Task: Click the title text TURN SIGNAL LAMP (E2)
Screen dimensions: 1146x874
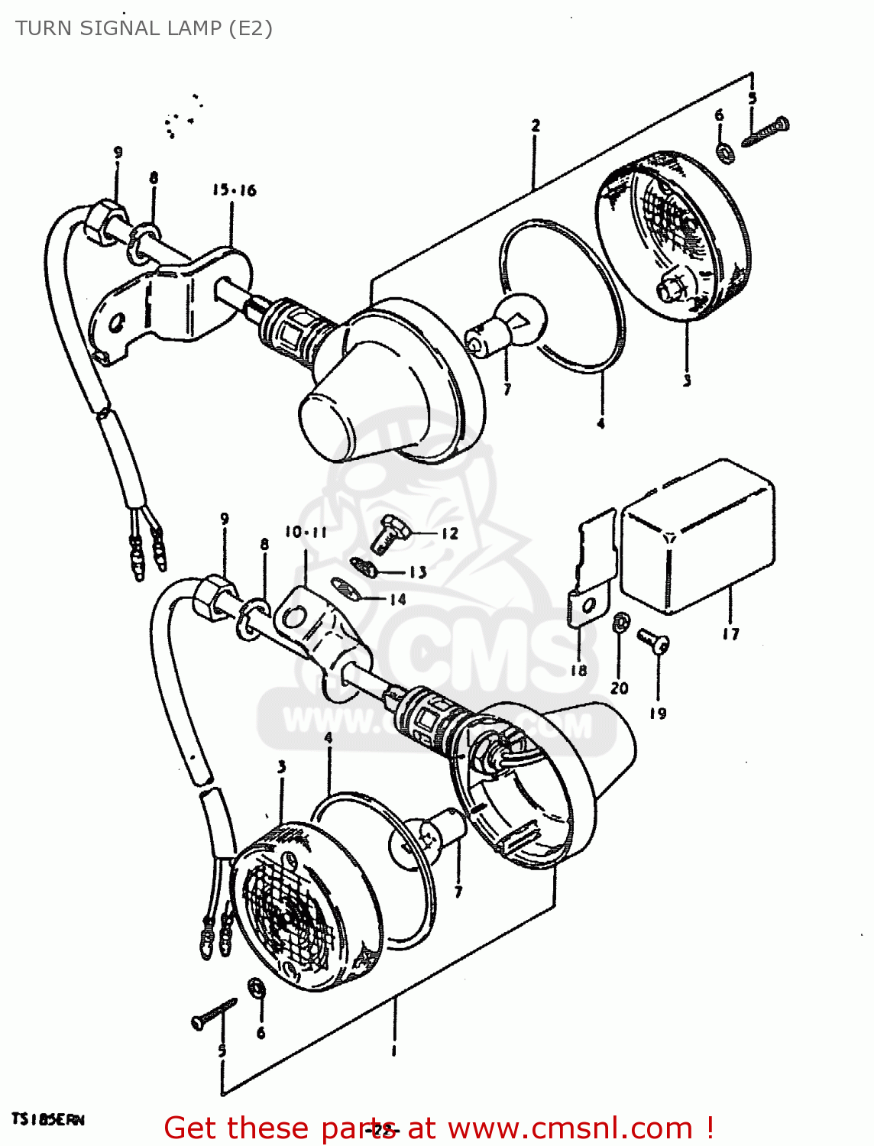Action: [x=144, y=28]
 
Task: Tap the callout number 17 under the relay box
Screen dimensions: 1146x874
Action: [x=730, y=633]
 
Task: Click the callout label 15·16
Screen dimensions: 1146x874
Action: [x=235, y=190]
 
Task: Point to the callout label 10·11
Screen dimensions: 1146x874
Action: [x=306, y=533]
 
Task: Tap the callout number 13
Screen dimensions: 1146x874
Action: [x=418, y=572]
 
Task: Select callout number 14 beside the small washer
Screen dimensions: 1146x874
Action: [x=397, y=600]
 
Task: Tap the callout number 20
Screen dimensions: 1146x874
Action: [x=619, y=688]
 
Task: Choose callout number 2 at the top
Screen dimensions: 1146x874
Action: [x=536, y=125]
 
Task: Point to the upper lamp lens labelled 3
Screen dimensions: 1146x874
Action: [x=672, y=237]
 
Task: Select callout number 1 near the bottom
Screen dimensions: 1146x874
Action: [x=393, y=1051]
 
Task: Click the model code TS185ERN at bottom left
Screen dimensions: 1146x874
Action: [x=47, y=1120]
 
